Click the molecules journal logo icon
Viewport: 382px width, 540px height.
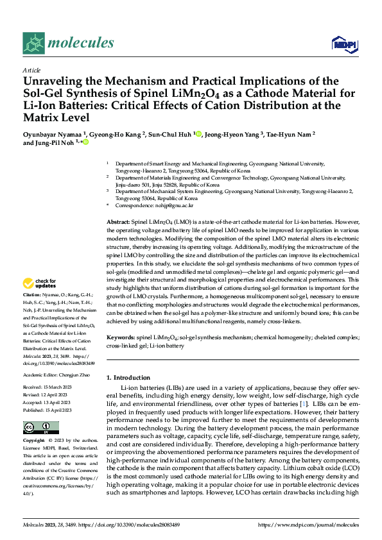point(33,42)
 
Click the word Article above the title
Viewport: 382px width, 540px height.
point(31,70)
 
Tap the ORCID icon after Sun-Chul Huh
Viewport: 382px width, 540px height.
point(199,134)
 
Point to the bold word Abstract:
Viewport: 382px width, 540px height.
point(118,221)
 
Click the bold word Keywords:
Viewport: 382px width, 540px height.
point(121,337)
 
